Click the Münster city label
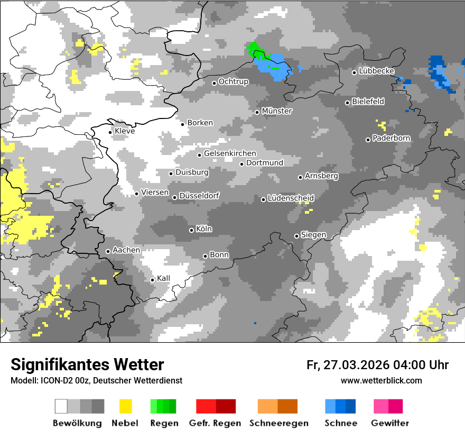point(277,111)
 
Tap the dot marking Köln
point(191,230)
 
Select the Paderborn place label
point(391,139)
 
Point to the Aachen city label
point(126,250)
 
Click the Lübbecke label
point(376,71)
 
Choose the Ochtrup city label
point(233,82)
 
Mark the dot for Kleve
point(110,132)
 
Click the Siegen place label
point(313,235)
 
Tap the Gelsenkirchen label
point(230,153)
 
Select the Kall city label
point(163,279)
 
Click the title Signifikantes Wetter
point(87,365)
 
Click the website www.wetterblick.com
point(381,381)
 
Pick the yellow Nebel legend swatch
point(125,406)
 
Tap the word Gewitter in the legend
point(389,423)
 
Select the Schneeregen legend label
point(278,423)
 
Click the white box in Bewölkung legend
point(61,406)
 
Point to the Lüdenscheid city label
point(291,198)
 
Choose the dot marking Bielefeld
point(347,103)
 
